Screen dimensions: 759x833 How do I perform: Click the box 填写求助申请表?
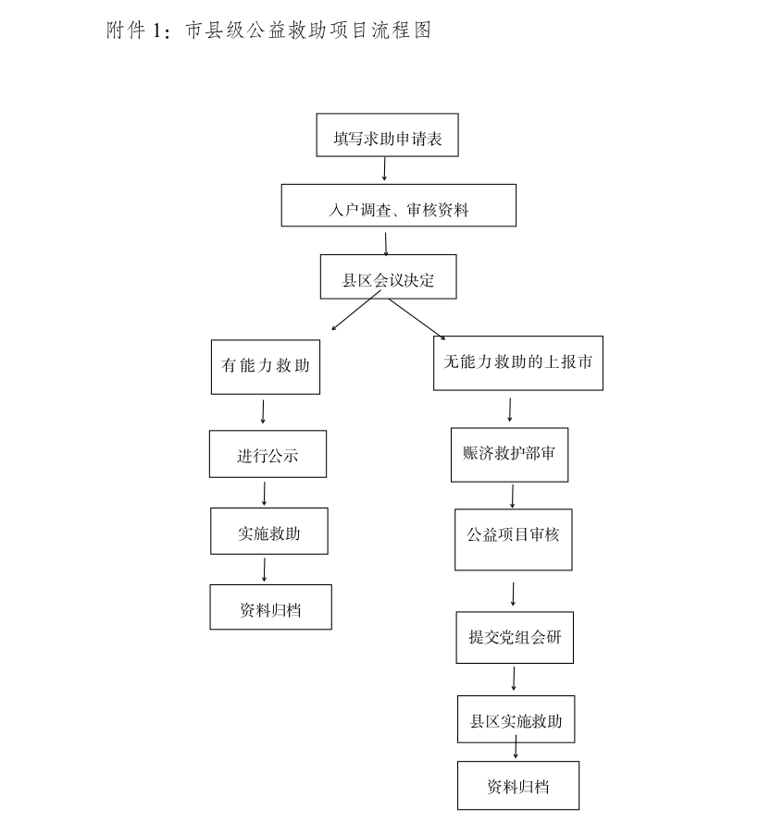click(387, 135)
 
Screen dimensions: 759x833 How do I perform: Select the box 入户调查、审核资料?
click(398, 205)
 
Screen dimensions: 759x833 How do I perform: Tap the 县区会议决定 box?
click(388, 276)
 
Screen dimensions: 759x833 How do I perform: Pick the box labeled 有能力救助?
click(266, 367)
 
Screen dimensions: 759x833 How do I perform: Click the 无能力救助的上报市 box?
click(518, 363)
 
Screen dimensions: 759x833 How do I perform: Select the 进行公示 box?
click(268, 454)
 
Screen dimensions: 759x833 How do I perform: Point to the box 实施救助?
click(269, 532)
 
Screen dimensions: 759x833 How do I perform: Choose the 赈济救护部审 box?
click(509, 455)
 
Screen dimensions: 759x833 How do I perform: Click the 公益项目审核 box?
click(514, 540)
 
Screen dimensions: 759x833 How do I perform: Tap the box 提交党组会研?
click(515, 638)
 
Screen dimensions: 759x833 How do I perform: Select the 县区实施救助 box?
click(516, 719)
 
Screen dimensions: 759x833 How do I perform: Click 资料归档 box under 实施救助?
click(270, 607)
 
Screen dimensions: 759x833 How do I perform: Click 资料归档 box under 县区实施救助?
click(518, 785)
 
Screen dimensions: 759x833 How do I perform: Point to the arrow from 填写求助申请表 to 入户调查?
click(384, 169)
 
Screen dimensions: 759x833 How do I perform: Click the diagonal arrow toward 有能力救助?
click(356, 311)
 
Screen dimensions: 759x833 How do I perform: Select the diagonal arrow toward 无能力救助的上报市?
click(417, 319)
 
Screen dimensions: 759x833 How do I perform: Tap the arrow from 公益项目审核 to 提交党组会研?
click(514, 594)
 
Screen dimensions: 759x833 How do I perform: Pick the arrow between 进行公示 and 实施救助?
click(265, 494)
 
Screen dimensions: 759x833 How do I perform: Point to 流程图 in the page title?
click(402, 31)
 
